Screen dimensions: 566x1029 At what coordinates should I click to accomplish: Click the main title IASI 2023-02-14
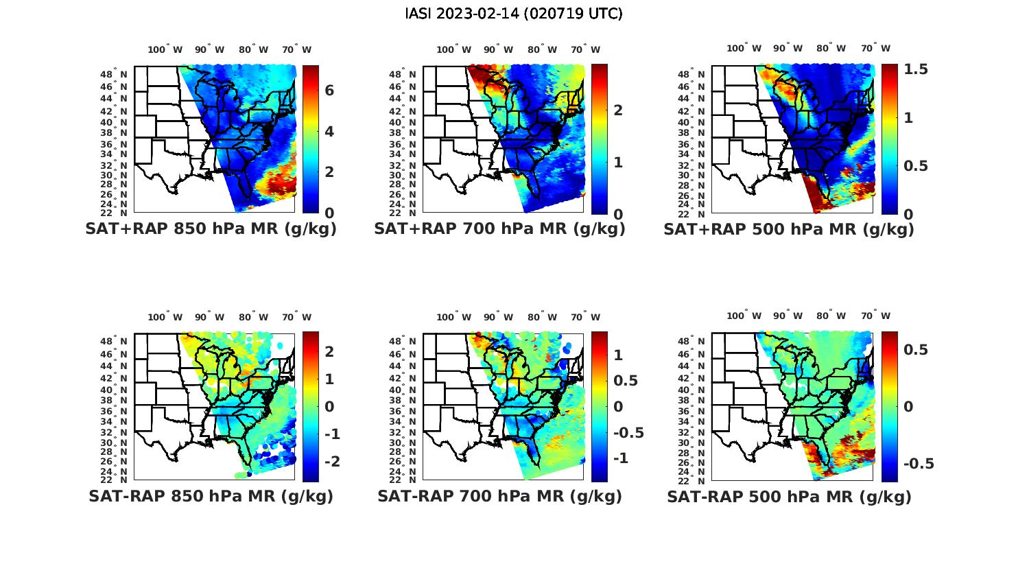pos(514,14)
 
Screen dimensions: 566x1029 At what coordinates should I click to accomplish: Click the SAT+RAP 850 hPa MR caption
pos(211,229)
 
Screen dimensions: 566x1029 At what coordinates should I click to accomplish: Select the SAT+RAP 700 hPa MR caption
pos(499,229)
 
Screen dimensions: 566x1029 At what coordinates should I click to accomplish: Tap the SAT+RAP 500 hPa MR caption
pos(789,229)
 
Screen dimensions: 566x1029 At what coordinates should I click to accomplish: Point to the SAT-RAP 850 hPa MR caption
pos(211,496)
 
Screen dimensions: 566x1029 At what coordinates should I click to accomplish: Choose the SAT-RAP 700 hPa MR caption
pos(499,496)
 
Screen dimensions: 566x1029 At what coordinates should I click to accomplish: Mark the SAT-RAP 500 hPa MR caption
pos(789,496)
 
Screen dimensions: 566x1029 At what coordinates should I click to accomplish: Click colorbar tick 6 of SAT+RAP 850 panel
pos(329,91)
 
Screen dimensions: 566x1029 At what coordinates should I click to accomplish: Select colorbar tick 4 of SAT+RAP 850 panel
pos(329,131)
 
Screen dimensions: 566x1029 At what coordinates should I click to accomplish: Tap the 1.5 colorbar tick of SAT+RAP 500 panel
pos(915,69)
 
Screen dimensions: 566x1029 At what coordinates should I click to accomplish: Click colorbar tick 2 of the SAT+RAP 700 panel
pos(618,110)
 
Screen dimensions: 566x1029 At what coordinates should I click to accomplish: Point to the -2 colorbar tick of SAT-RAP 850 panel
pos(331,461)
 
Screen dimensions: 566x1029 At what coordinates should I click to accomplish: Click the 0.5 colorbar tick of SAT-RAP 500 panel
pos(915,350)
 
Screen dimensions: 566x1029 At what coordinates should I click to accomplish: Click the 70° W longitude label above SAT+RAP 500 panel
pos(875,48)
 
